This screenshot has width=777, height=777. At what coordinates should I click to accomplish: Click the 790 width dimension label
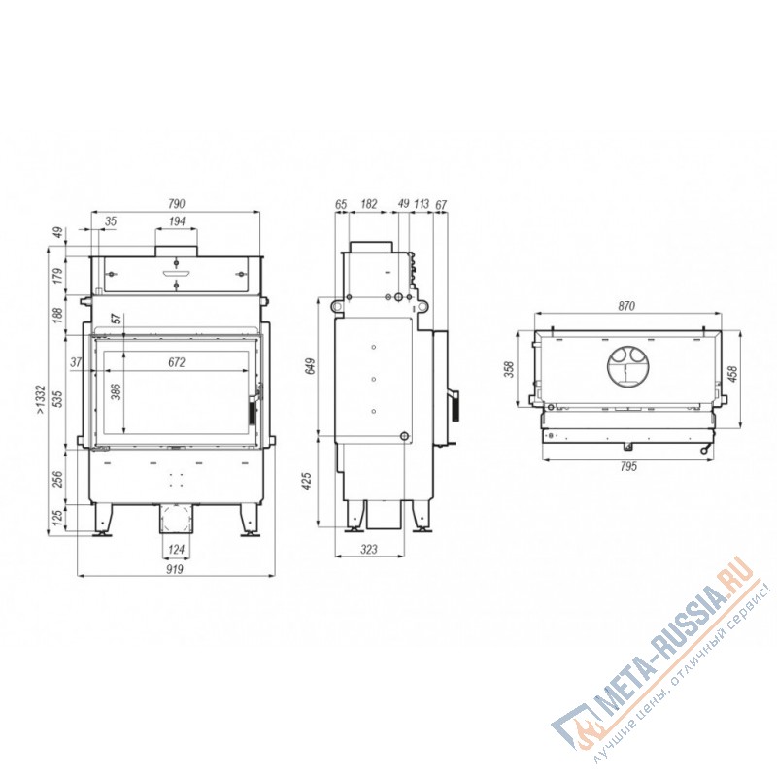[x=176, y=204]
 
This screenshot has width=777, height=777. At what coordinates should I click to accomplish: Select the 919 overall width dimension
[x=175, y=570]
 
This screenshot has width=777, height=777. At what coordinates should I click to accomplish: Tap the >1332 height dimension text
[x=39, y=398]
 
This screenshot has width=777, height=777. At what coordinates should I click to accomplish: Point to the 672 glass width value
[x=176, y=362]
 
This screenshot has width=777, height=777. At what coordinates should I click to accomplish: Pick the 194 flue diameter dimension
[x=176, y=222]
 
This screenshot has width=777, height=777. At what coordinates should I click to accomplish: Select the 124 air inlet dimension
[x=175, y=552]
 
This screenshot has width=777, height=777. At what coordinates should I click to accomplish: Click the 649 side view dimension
[x=311, y=366]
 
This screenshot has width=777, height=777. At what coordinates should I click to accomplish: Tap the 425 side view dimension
[x=311, y=480]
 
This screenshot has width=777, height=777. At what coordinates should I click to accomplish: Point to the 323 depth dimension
[x=369, y=551]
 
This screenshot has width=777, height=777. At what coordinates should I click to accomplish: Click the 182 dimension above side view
[x=369, y=204]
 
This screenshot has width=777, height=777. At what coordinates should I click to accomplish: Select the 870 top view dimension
[x=626, y=306]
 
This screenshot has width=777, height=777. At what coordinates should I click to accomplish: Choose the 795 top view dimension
[x=626, y=467]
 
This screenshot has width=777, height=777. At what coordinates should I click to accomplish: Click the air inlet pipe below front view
[x=176, y=520]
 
